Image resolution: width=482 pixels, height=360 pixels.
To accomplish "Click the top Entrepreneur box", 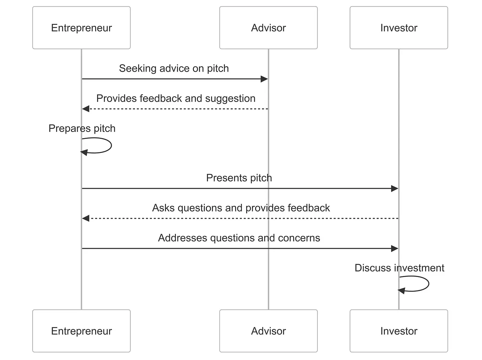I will [x=81, y=28].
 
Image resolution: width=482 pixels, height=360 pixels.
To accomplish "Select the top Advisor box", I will [x=268, y=28].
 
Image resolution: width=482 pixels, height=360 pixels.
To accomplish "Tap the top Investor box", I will [x=399, y=28].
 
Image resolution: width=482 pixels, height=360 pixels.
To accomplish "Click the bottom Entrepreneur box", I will [x=81, y=331].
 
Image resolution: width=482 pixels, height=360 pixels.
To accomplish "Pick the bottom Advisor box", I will [x=268, y=331].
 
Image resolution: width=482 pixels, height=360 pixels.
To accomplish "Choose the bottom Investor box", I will [x=399, y=331].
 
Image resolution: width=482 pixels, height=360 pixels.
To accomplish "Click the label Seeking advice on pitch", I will [x=174, y=68].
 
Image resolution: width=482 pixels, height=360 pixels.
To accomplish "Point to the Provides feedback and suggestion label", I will [x=176, y=98].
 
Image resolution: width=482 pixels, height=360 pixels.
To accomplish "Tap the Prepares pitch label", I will [x=82, y=128].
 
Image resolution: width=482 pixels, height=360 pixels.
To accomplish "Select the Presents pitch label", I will [x=239, y=178].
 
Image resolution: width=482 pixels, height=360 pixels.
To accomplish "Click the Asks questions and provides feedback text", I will [x=241, y=208].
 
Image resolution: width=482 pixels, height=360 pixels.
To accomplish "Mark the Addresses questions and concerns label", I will [x=239, y=238].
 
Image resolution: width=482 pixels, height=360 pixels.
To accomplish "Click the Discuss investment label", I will [x=399, y=268].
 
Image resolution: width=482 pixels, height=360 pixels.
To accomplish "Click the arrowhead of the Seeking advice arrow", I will [x=264, y=79].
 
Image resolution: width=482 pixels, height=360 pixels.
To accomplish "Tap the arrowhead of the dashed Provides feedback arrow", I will [x=86, y=109].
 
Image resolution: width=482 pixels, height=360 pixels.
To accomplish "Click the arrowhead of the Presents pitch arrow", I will [x=395, y=188].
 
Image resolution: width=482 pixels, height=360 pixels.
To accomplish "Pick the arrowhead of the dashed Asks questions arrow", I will [x=86, y=218].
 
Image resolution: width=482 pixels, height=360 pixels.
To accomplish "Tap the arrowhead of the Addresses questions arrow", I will [x=395, y=248].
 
